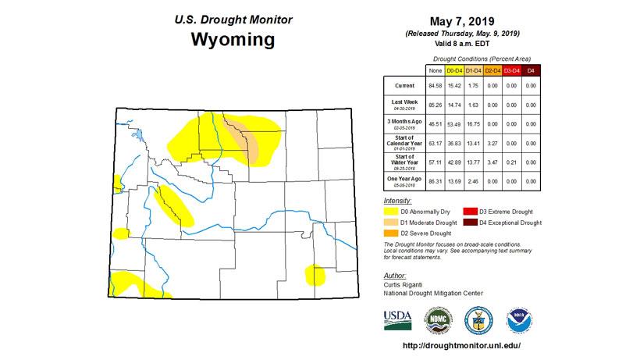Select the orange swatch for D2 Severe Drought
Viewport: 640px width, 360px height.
[391, 233]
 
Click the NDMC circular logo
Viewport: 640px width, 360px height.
[437, 320]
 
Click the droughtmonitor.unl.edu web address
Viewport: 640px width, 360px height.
[460, 345]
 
